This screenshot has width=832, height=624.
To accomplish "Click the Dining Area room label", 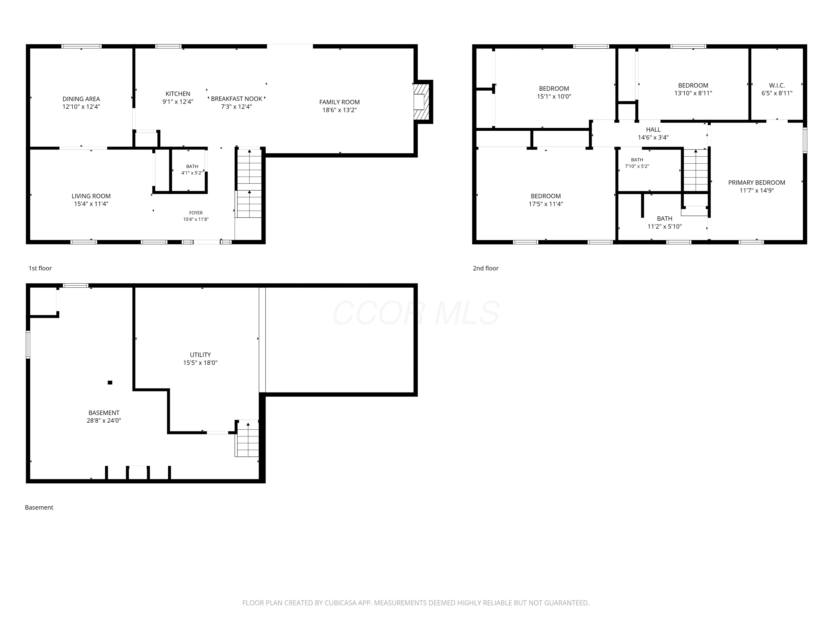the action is (81, 99).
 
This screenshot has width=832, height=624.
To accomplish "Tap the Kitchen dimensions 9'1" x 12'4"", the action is (178, 102).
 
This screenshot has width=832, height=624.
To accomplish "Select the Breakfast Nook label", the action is (237, 98).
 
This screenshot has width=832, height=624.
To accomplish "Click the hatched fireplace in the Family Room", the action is (422, 102).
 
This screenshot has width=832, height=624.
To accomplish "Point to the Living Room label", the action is (91, 196).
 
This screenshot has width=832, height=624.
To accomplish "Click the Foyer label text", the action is (196, 213).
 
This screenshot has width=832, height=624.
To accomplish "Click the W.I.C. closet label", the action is (777, 85).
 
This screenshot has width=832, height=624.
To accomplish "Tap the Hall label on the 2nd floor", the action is (653, 130).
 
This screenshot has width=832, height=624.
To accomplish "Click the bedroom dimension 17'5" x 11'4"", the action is (546, 204).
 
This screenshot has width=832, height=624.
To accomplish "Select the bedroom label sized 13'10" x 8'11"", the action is (693, 85).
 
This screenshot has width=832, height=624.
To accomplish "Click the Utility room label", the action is (201, 355).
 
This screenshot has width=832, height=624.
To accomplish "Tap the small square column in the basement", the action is (110, 382).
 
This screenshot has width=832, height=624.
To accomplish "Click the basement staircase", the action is (247, 438).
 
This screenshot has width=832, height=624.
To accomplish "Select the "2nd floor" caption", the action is (486, 268).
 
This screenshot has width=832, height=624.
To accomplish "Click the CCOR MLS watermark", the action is (416, 313).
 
